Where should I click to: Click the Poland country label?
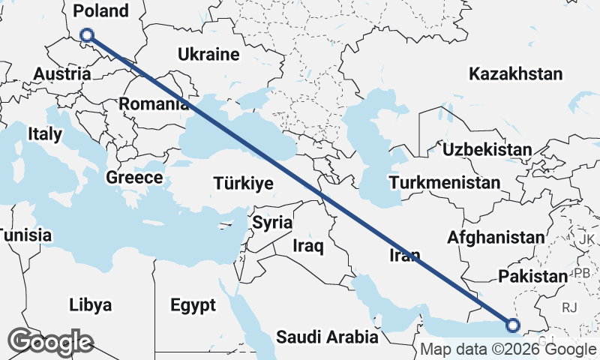click(x=101, y=10)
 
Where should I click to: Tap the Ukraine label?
click(x=208, y=54)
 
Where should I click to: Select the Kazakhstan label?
click(x=515, y=73)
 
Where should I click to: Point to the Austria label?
click(x=64, y=74)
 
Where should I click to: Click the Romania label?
click(x=154, y=104)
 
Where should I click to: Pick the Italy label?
click(x=44, y=133)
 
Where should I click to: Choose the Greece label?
click(x=134, y=178)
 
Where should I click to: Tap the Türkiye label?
click(x=243, y=183)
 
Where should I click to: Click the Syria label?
click(x=271, y=222)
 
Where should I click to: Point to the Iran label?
click(x=405, y=256)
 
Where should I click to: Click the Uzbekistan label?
click(x=487, y=150)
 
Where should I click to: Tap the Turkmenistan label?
click(x=445, y=183)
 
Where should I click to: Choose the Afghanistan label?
click(x=496, y=237)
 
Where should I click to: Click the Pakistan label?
click(x=532, y=276)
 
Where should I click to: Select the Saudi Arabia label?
click(x=327, y=337)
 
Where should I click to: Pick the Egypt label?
click(x=193, y=305)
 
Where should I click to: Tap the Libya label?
click(x=90, y=304)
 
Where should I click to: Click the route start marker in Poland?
click(x=86, y=34)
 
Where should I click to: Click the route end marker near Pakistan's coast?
click(x=513, y=325)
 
